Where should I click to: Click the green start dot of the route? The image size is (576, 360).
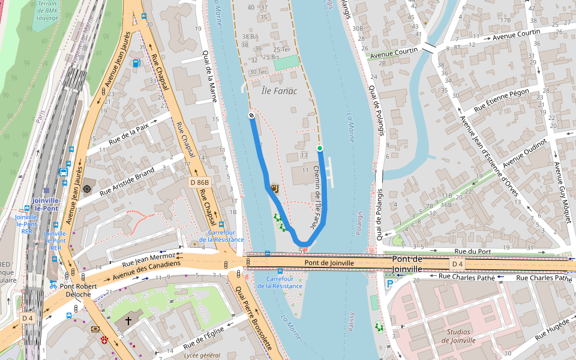pos(320,148)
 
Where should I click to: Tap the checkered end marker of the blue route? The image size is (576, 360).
pos(251,115)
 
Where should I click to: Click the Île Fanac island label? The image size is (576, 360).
pos(280,91)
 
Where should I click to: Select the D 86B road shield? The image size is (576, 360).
pos(200,182)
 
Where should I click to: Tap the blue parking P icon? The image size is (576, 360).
pos(390,284)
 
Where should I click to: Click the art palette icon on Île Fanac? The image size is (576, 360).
pos(274,188)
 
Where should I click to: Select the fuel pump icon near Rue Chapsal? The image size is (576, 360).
pos(136,63)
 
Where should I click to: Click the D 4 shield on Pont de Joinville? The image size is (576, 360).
pos(457,264)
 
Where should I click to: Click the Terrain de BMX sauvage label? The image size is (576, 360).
pos(47,11)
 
